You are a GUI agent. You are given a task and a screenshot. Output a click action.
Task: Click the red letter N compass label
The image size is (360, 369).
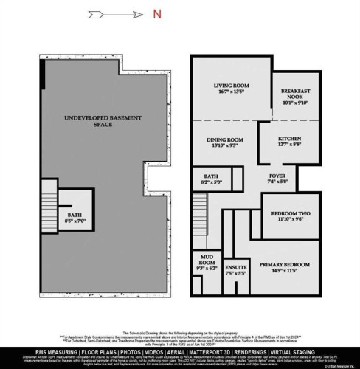156,13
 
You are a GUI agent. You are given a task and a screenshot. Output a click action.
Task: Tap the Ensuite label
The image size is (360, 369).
236,269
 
